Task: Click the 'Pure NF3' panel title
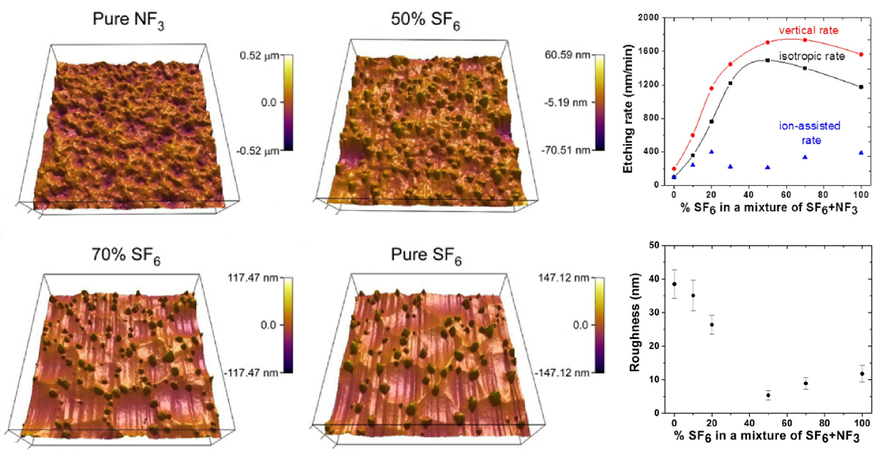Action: point(129,21)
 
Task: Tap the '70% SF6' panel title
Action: point(129,257)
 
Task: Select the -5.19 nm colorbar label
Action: point(566,102)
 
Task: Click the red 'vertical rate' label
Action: point(808,30)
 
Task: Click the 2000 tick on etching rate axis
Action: point(647,18)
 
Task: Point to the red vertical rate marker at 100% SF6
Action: point(861,54)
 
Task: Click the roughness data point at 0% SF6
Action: point(674,284)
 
